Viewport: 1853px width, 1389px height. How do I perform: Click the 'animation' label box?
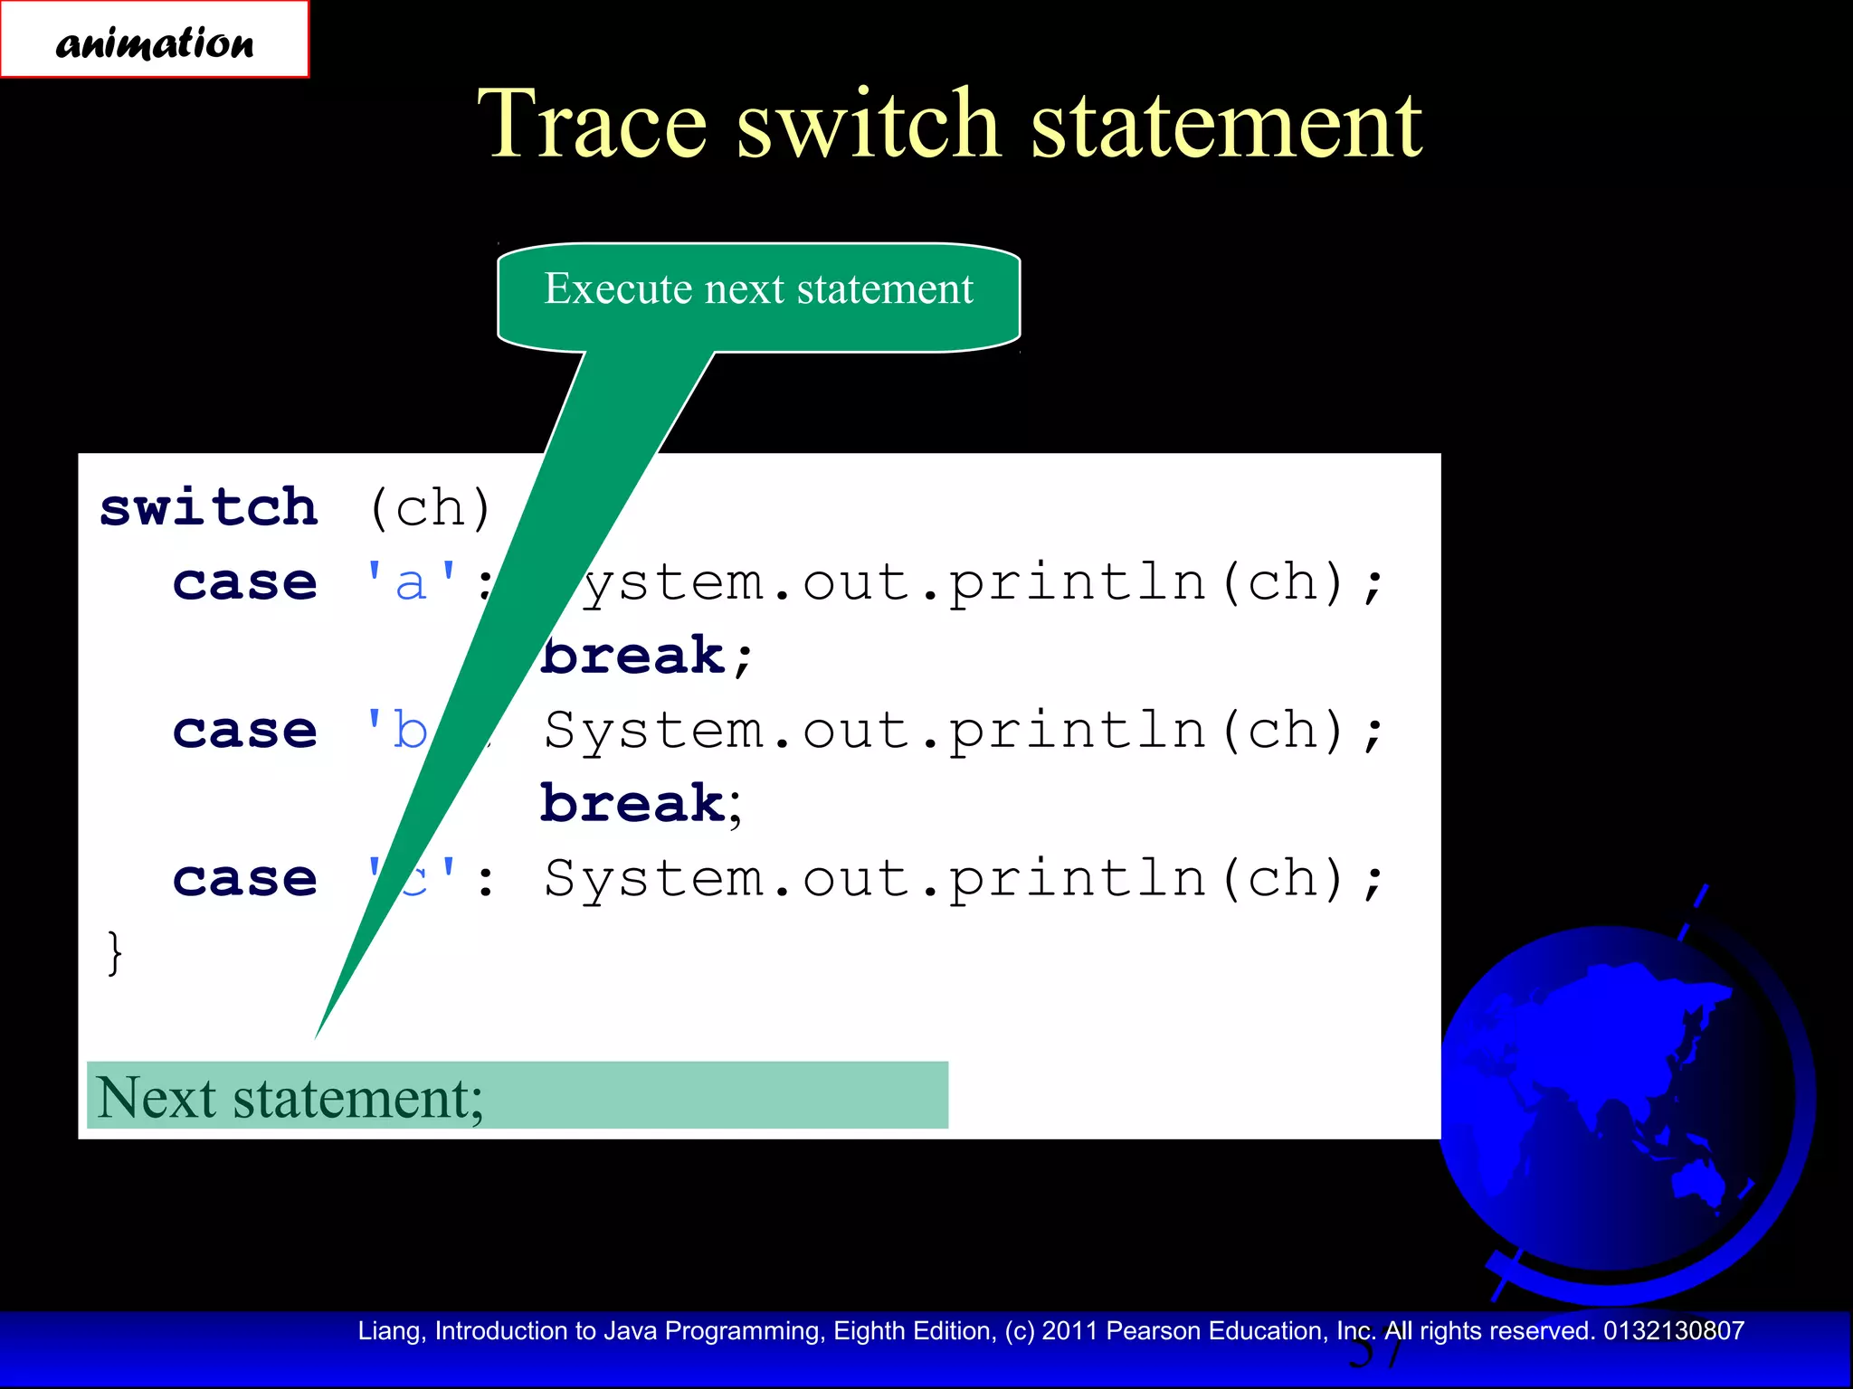(x=154, y=40)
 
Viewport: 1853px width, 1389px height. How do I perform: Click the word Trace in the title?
(x=592, y=124)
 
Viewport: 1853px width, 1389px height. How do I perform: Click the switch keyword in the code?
(x=209, y=507)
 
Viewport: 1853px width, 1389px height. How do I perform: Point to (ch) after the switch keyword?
(x=431, y=508)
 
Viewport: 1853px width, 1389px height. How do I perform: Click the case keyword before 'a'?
(x=245, y=582)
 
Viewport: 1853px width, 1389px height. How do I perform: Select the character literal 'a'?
(x=412, y=582)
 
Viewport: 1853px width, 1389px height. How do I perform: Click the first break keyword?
(x=633, y=656)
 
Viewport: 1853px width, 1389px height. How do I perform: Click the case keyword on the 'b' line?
(x=245, y=731)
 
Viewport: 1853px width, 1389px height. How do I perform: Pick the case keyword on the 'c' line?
(x=245, y=879)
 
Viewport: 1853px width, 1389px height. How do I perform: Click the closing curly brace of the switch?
(x=114, y=952)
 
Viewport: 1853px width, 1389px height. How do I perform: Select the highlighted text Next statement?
(x=290, y=1097)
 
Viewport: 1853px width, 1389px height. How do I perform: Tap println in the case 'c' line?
(x=1077, y=879)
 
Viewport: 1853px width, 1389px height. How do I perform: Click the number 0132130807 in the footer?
(x=1673, y=1331)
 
